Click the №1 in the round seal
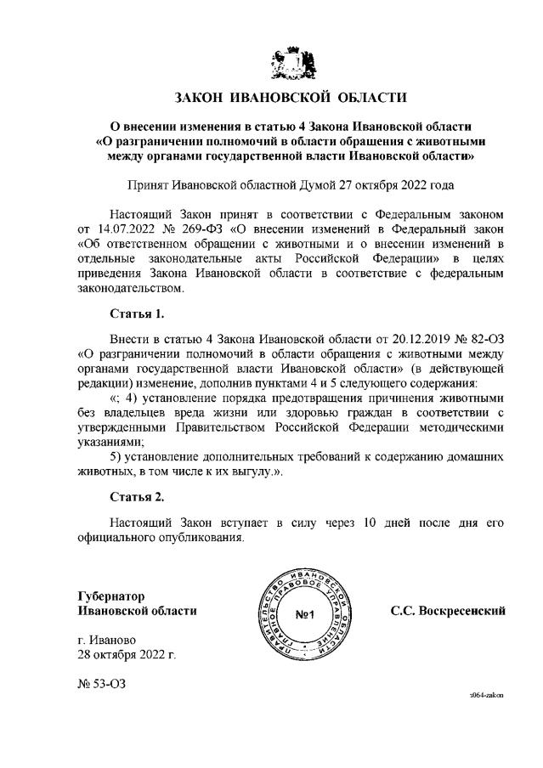tap(305, 614)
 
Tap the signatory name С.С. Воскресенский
tap(448, 610)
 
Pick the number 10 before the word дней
tap(362, 521)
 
